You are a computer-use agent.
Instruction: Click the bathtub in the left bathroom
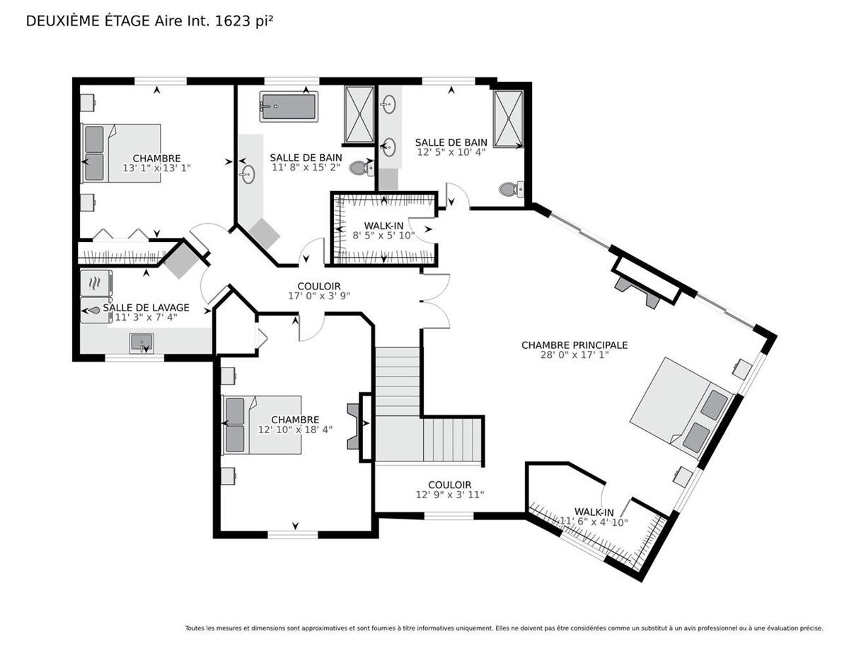click(289, 106)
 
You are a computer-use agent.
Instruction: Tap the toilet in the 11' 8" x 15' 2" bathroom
click(361, 168)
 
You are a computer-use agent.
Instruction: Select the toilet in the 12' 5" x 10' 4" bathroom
click(511, 190)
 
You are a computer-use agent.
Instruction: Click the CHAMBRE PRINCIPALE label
click(574, 345)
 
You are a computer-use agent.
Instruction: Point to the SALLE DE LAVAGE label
click(146, 308)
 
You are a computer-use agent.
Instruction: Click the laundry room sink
click(141, 343)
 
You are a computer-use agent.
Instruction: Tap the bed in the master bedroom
click(682, 408)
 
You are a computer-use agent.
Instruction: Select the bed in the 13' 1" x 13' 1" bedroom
click(121, 153)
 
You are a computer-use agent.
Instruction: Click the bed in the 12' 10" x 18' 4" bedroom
click(261, 425)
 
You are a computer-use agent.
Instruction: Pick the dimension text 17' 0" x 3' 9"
click(319, 297)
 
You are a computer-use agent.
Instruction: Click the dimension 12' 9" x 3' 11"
click(450, 495)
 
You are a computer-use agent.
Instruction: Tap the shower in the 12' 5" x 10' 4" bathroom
click(508, 119)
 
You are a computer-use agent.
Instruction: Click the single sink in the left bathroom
click(248, 174)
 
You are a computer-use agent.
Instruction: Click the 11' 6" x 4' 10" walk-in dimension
click(594, 522)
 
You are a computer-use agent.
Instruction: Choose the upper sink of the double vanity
click(388, 104)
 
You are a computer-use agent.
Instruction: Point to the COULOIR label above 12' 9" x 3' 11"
click(450, 485)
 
